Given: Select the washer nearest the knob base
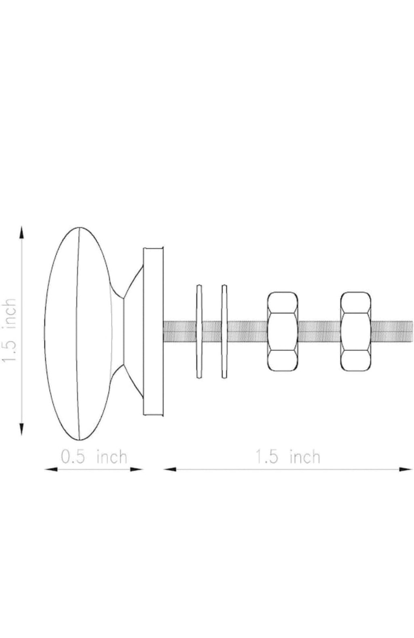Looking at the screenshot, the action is (x=199, y=331).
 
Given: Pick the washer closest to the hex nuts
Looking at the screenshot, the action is (x=224, y=331).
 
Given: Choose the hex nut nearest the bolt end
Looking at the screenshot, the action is (x=356, y=331).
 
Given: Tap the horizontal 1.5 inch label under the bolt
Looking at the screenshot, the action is (x=288, y=457).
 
